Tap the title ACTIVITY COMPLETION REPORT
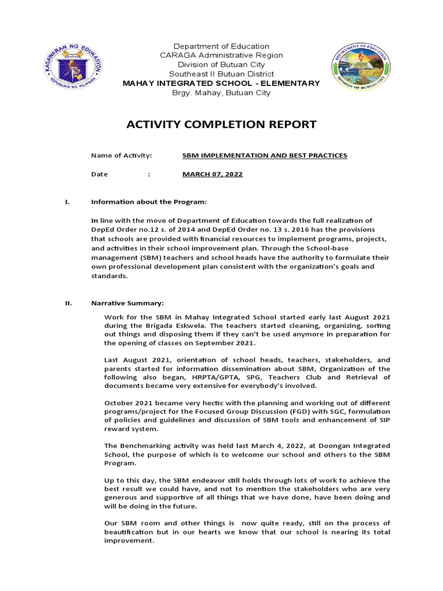(221, 124)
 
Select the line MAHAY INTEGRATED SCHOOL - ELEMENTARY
(221, 84)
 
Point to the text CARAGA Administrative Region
(221, 55)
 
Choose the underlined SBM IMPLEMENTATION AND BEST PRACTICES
(265, 156)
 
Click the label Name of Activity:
(121, 156)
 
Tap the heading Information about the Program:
(148, 202)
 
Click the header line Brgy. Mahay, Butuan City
(221, 93)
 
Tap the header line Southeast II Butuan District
(221, 74)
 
